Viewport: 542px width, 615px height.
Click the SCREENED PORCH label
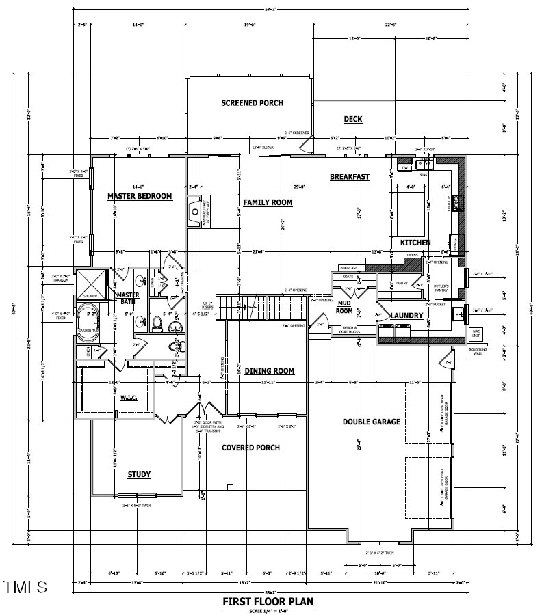252,103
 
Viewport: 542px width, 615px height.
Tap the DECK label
353,119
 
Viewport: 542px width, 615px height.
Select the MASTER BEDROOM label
140,197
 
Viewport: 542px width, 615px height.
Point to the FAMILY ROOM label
268,202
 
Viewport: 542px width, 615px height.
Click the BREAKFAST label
349,177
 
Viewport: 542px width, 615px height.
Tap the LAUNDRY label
407,316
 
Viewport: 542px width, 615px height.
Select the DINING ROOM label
269,371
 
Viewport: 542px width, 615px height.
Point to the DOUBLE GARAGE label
372,422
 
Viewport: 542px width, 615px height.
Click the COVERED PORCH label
250,448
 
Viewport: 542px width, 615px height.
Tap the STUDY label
139,474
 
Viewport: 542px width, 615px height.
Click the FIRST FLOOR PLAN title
268,601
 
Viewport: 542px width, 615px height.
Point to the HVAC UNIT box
476,334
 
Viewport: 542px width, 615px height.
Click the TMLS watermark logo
25,587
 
